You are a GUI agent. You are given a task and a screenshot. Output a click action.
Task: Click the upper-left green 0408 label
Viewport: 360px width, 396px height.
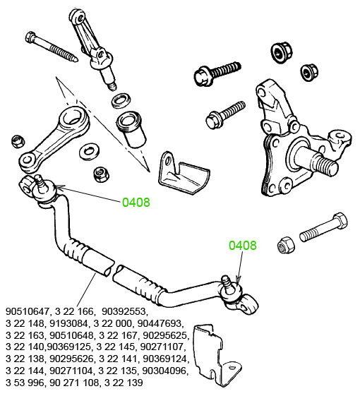click(x=136, y=203)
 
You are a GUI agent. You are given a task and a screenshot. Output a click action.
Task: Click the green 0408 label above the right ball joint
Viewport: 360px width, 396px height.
click(x=243, y=245)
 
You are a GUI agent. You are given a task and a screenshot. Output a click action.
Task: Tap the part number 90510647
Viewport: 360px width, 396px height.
click(x=27, y=311)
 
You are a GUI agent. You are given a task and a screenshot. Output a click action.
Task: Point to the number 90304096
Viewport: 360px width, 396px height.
click(x=165, y=371)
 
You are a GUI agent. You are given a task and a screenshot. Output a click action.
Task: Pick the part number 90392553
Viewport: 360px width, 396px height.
click(x=124, y=311)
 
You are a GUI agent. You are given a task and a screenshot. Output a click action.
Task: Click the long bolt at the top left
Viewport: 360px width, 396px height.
click(x=52, y=47)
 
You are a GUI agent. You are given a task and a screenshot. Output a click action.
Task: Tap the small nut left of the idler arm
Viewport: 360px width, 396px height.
click(x=18, y=141)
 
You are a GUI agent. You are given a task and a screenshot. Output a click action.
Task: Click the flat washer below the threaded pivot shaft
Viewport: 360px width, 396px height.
click(x=121, y=100)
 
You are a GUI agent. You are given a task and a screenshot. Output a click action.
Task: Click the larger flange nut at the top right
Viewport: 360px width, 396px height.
click(x=280, y=53)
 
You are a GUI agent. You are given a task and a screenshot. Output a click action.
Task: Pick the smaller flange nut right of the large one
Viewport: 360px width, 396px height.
click(x=309, y=72)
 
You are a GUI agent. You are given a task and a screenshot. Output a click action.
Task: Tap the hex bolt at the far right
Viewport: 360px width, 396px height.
click(x=323, y=228)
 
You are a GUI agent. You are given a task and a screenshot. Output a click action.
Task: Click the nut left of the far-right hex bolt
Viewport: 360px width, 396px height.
click(x=286, y=245)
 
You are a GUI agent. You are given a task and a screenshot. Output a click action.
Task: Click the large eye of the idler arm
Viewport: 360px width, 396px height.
click(x=75, y=119)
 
